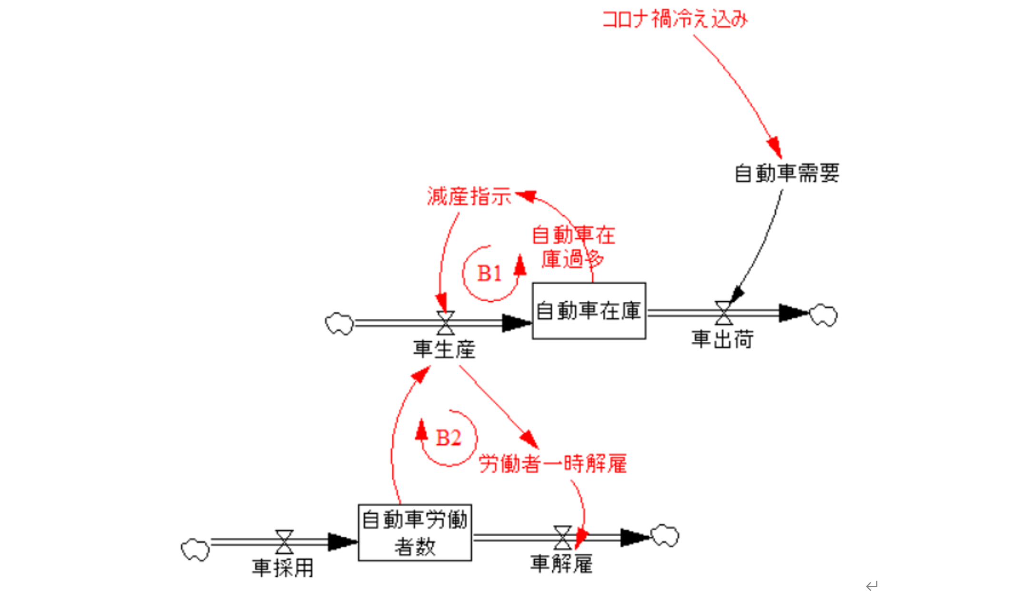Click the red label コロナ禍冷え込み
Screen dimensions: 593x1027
pyautogui.click(x=675, y=20)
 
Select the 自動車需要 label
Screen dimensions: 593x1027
pyautogui.click(x=787, y=173)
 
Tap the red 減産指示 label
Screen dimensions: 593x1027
pyautogui.click(x=469, y=196)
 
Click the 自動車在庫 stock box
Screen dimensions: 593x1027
pyautogui.click(x=589, y=311)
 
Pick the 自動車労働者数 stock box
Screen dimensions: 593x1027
pyautogui.click(x=415, y=532)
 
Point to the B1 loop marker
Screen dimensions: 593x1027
pyautogui.click(x=489, y=274)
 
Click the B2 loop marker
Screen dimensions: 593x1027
pyautogui.click(x=449, y=438)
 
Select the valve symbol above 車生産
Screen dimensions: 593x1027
pyautogui.click(x=446, y=323)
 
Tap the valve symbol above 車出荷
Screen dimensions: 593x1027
pyautogui.click(x=723, y=313)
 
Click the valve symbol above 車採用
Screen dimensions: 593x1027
pyautogui.click(x=284, y=542)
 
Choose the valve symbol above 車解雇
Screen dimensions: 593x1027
pyautogui.click(x=562, y=538)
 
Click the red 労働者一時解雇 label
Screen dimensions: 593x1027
pyautogui.click(x=552, y=464)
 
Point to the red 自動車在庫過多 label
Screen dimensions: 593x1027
pyautogui.click(x=573, y=247)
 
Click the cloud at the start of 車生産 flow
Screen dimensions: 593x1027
pyautogui.click(x=339, y=324)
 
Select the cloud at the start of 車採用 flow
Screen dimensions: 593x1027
pyautogui.click(x=195, y=550)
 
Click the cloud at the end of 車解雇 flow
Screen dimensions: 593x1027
pyautogui.click(x=665, y=536)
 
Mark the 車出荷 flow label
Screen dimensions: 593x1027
pyautogui.click(x=722, y=339)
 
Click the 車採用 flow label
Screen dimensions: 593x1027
pyautogui.click(x=283, y=568)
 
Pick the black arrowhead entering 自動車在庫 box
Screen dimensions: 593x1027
pyautogui.click(x=517, y=323)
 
